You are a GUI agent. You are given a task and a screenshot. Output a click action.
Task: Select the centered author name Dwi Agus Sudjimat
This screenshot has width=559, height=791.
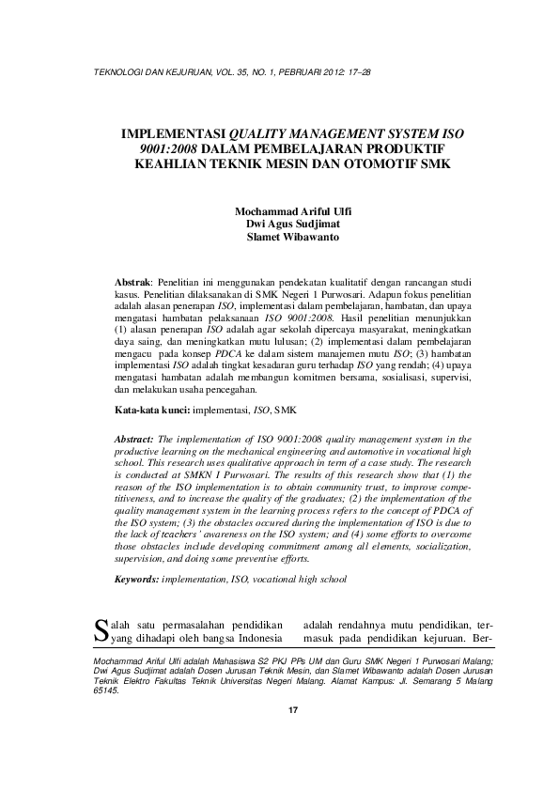279,224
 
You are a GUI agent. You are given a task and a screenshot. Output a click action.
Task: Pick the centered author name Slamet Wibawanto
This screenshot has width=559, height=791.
279,237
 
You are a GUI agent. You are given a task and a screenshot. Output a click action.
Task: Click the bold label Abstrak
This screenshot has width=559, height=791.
132,282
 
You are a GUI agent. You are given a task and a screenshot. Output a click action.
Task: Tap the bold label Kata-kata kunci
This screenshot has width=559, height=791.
151,411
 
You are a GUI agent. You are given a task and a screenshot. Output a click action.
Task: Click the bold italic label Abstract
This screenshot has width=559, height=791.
133,439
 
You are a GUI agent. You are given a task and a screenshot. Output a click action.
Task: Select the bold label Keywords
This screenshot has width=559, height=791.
135,580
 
